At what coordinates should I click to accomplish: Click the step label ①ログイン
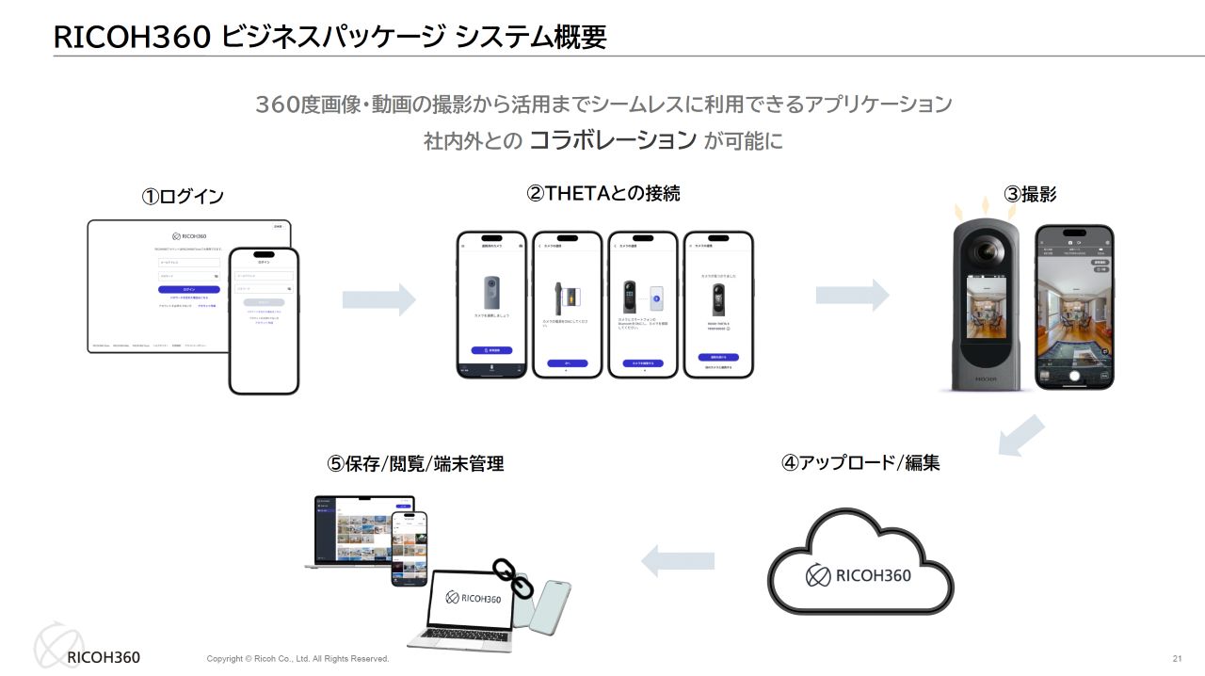[x=183, y=197]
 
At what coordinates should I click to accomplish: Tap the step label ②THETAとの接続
[x=602, y=193]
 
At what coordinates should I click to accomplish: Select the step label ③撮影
[x=1030, y=195]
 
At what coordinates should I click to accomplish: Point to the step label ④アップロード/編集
[x=860, y=462]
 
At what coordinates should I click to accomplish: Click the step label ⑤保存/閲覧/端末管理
[x=415, y=463]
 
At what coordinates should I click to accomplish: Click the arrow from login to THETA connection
[x=378, y=299]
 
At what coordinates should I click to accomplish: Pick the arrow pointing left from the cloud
[x=677, y=561]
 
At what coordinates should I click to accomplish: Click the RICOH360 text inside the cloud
[x=873, y=574]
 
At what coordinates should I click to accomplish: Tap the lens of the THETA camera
[x=987, y=251]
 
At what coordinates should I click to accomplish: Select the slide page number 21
[x=1177, y=658]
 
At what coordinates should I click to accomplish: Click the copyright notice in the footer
[x=297, y=659]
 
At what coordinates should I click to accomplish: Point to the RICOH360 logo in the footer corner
[x=87, y=650]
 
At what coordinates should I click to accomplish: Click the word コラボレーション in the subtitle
[x=613, y=140]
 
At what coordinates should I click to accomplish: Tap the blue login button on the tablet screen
[x=189, y=289]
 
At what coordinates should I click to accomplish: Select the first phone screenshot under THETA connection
[x=491, y=304]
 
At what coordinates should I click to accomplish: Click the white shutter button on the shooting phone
[x=1073, y=373]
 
